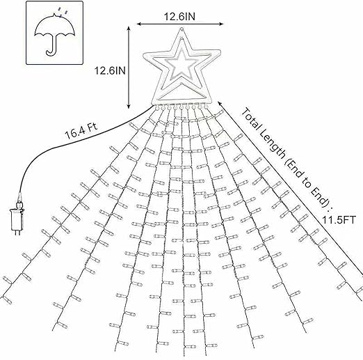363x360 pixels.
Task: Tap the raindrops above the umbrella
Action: [64, 12]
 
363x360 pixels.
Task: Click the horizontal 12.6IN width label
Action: [179, 17]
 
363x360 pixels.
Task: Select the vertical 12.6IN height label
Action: [110, 70]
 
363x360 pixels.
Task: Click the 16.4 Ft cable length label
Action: [81, 132]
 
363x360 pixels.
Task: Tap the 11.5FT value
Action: [339, 220]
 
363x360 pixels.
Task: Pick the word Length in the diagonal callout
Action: [273, 147]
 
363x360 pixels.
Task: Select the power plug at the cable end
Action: [17, 217]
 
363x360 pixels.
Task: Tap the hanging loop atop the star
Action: [181, 29]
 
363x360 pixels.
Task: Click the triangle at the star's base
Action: [183, 95]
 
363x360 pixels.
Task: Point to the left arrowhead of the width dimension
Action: [138, 24]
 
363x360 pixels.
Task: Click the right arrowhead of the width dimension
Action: [221, 24]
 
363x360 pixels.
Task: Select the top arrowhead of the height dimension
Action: [129, 28]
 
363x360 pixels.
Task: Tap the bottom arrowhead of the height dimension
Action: [129, 107]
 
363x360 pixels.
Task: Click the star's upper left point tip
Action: [145, 54]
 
